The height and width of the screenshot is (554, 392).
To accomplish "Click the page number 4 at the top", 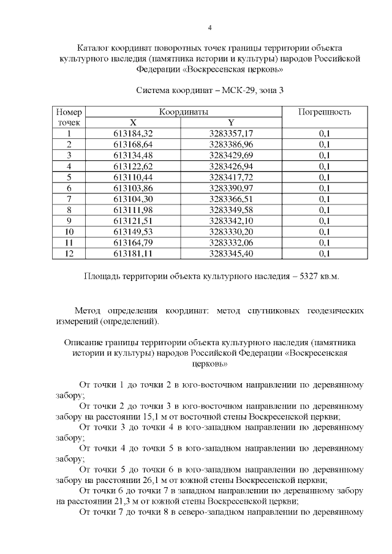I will pos(210,28).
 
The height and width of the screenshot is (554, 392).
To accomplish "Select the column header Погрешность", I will pos(324,113).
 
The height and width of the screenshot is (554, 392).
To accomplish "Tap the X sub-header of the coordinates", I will pos(133,122).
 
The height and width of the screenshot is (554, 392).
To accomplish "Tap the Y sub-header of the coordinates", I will pos(231,122).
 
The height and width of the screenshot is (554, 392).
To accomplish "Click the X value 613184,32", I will pos(133,133).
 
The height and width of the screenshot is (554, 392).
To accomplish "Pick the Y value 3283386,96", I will pos(231,144).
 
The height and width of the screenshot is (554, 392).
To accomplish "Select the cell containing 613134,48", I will pos(133,155).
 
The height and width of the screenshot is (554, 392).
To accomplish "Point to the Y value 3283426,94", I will pos(231,166).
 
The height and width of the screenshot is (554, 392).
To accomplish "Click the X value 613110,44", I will pos(133,177).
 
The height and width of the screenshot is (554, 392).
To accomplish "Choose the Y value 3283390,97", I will pos(231,188).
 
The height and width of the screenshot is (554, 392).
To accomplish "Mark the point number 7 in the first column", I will pos(69,199).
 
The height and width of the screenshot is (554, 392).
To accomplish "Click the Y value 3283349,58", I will pos(231,210).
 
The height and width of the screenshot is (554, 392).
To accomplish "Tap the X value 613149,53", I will pos(133,231).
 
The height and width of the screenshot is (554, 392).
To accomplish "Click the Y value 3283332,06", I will pos(231,242).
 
